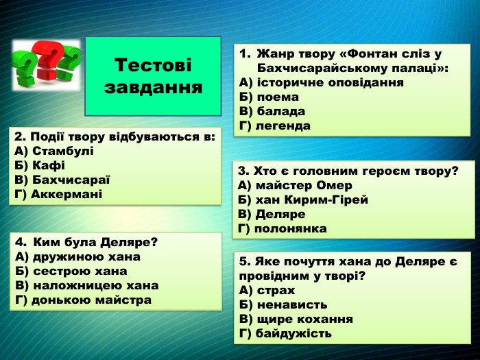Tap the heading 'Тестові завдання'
click(154, 76)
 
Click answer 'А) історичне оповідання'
click(321, 82)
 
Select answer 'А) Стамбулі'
click(53, 151)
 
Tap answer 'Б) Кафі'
click(40, 165)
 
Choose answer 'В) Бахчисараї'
click(62, 180)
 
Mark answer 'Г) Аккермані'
click(58, 194)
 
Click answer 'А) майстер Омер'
click(296, 185)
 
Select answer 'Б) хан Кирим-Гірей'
click(304, 200)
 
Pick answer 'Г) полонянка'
click(283, 228)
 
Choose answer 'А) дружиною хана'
click(77, 256)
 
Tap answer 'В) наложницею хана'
click(86, 285)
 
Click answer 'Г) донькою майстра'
click(83, 300)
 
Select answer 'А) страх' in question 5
click(267, 290)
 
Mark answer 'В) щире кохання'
click(296, 319)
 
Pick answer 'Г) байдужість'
click(286, 333)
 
